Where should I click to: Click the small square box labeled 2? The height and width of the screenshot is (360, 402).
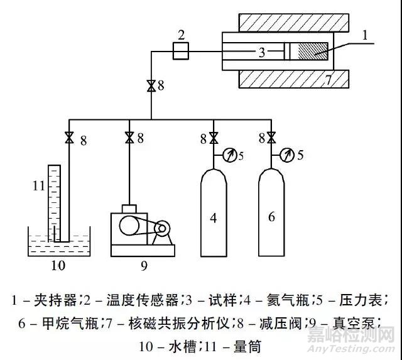tap(181, 52)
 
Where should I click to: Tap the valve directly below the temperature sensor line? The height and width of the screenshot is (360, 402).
tap(151, 86)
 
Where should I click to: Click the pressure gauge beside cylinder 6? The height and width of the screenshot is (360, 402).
tap(289, 153)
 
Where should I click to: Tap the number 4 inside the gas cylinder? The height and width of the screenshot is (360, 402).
tap(214, 218)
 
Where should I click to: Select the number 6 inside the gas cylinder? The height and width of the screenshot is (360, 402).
tap(271, 217)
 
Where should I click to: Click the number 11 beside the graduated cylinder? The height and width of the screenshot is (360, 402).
tap(39, 187)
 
